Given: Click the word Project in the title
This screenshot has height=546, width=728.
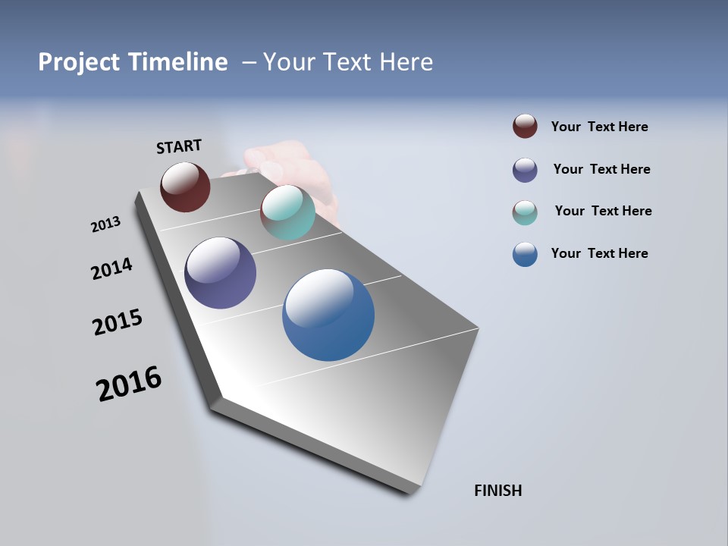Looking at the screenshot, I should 78,62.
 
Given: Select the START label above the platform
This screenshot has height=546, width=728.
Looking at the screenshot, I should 179,146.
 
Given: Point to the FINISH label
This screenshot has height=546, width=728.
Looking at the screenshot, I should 498,491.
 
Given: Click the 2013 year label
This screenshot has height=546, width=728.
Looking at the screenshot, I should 105,224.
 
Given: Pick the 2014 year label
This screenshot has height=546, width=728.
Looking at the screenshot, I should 111,268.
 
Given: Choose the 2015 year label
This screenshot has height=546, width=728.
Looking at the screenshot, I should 118,322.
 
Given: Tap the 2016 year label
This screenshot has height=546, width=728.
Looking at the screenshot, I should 129,383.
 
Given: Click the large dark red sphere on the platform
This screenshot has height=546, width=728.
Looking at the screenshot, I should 185,187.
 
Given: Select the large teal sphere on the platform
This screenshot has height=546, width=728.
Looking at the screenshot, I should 287,212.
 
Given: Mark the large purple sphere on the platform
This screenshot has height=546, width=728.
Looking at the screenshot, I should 220,273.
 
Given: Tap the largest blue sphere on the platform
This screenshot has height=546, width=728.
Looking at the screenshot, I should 328,315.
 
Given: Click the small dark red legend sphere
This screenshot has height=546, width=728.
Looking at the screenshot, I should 525,126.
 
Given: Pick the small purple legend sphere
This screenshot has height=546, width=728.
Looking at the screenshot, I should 525,170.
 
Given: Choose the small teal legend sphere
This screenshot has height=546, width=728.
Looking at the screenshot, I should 525,212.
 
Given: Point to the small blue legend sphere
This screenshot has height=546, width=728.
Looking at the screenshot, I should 525,254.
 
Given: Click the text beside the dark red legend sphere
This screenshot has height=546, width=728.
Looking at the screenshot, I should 599,127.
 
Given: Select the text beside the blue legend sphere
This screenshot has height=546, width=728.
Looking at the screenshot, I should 599,253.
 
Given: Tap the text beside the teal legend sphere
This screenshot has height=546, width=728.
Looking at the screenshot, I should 603,211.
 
